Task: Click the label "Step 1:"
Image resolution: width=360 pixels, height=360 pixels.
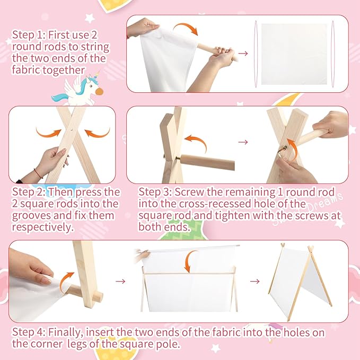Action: [x=28, y=35]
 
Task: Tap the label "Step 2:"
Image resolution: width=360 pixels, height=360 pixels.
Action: [x=29, y=192]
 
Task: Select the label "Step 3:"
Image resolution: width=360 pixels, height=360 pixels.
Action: [x=155, y=192]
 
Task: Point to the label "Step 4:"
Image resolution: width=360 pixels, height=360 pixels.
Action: [x=29, y=332]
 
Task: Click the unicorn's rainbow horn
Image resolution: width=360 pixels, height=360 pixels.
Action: [x=97, y=75]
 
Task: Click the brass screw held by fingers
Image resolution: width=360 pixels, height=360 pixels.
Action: [x=283, y=149]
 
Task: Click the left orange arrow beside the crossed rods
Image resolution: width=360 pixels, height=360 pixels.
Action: [x=49, y=133]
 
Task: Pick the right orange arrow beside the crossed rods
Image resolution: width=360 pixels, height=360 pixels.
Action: [x=98, y=133]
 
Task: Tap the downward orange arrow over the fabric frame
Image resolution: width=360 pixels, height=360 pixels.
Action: [x=190, y=261]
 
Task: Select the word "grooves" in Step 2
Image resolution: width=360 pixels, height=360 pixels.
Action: [x=31, y=216]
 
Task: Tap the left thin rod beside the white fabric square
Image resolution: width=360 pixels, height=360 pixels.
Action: [x=256, y=54]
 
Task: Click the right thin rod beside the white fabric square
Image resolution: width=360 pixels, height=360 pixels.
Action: [x=333, y=54]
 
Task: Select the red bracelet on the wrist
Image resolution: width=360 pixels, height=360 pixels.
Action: [x=38, y=173]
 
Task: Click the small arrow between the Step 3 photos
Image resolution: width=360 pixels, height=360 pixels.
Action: [x=243, y=142]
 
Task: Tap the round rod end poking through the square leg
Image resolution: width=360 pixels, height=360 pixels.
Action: [x=98, y=296]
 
